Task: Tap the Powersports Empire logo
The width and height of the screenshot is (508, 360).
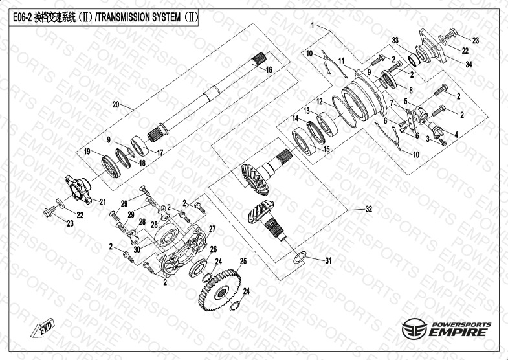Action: point(447,330)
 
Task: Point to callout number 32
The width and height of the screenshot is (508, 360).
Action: point(369,209)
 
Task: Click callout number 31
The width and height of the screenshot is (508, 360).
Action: point(328,261)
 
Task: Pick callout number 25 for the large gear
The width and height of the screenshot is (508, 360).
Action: point(243,262)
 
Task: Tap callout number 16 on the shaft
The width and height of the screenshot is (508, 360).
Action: point(269,69)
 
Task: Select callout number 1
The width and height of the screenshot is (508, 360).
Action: point(313,25)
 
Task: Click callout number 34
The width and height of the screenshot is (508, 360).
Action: point(469,63)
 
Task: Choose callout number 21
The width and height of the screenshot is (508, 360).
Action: point(102,202)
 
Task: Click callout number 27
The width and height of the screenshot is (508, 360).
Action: point(211,229)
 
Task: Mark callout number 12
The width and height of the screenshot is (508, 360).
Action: point(320,102)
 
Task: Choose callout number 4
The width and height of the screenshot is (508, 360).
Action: point(456,134)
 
